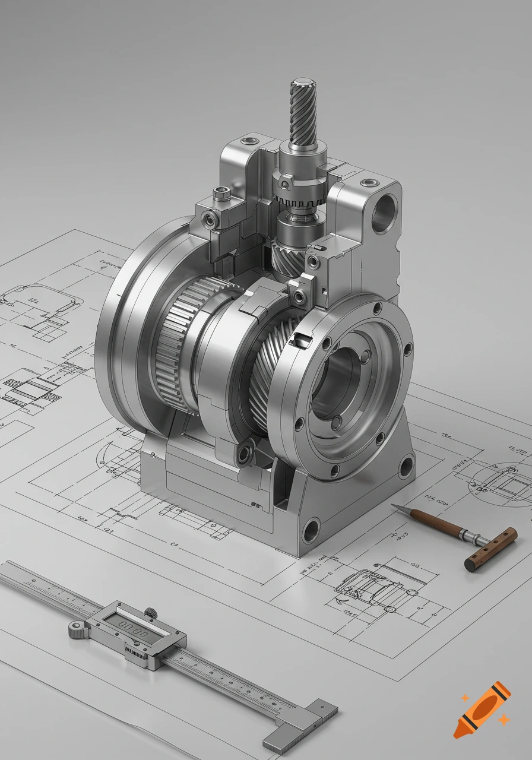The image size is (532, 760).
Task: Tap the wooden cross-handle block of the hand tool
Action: point(490,549)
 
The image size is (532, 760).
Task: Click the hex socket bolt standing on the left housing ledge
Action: point(221,194)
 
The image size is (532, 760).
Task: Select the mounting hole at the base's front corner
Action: point(311,530)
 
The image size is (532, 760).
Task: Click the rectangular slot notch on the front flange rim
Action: point(302,340)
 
